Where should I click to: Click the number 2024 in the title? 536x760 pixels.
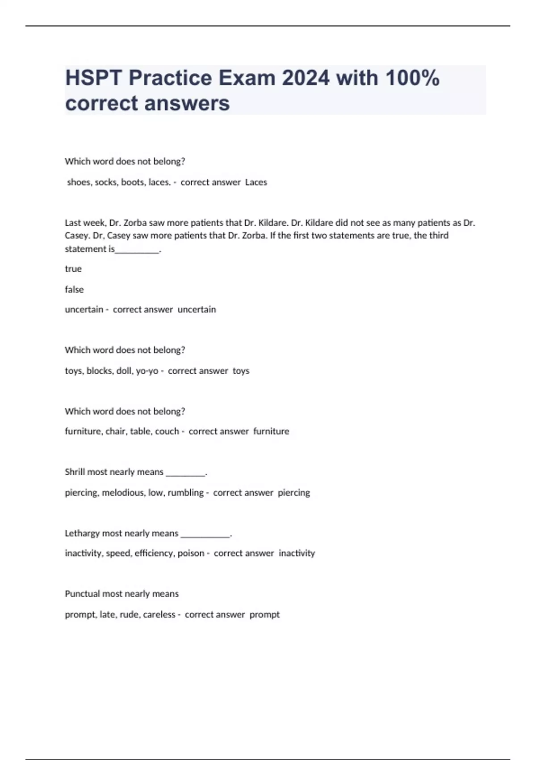[x=307, y=78]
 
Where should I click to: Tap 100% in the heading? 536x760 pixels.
[x=412, y=78]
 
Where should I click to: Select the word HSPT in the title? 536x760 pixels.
[x=93, y=78]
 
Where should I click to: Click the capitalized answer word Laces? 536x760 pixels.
[x=256, y=182]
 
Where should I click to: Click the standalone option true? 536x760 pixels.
[x=73, y=269]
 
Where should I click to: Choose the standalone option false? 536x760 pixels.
[x=74, y=289]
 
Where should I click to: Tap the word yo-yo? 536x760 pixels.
[x=147, y=371]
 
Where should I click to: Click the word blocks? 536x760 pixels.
[x=99, y=371]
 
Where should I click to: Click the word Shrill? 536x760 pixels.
[x=75, y=472]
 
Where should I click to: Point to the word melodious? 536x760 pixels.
[x=123, y=493]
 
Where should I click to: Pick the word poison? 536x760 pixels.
[x=191, y=553]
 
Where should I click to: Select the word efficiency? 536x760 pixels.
[x=154, y=553]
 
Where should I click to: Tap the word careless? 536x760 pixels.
[x=159, y=615]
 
